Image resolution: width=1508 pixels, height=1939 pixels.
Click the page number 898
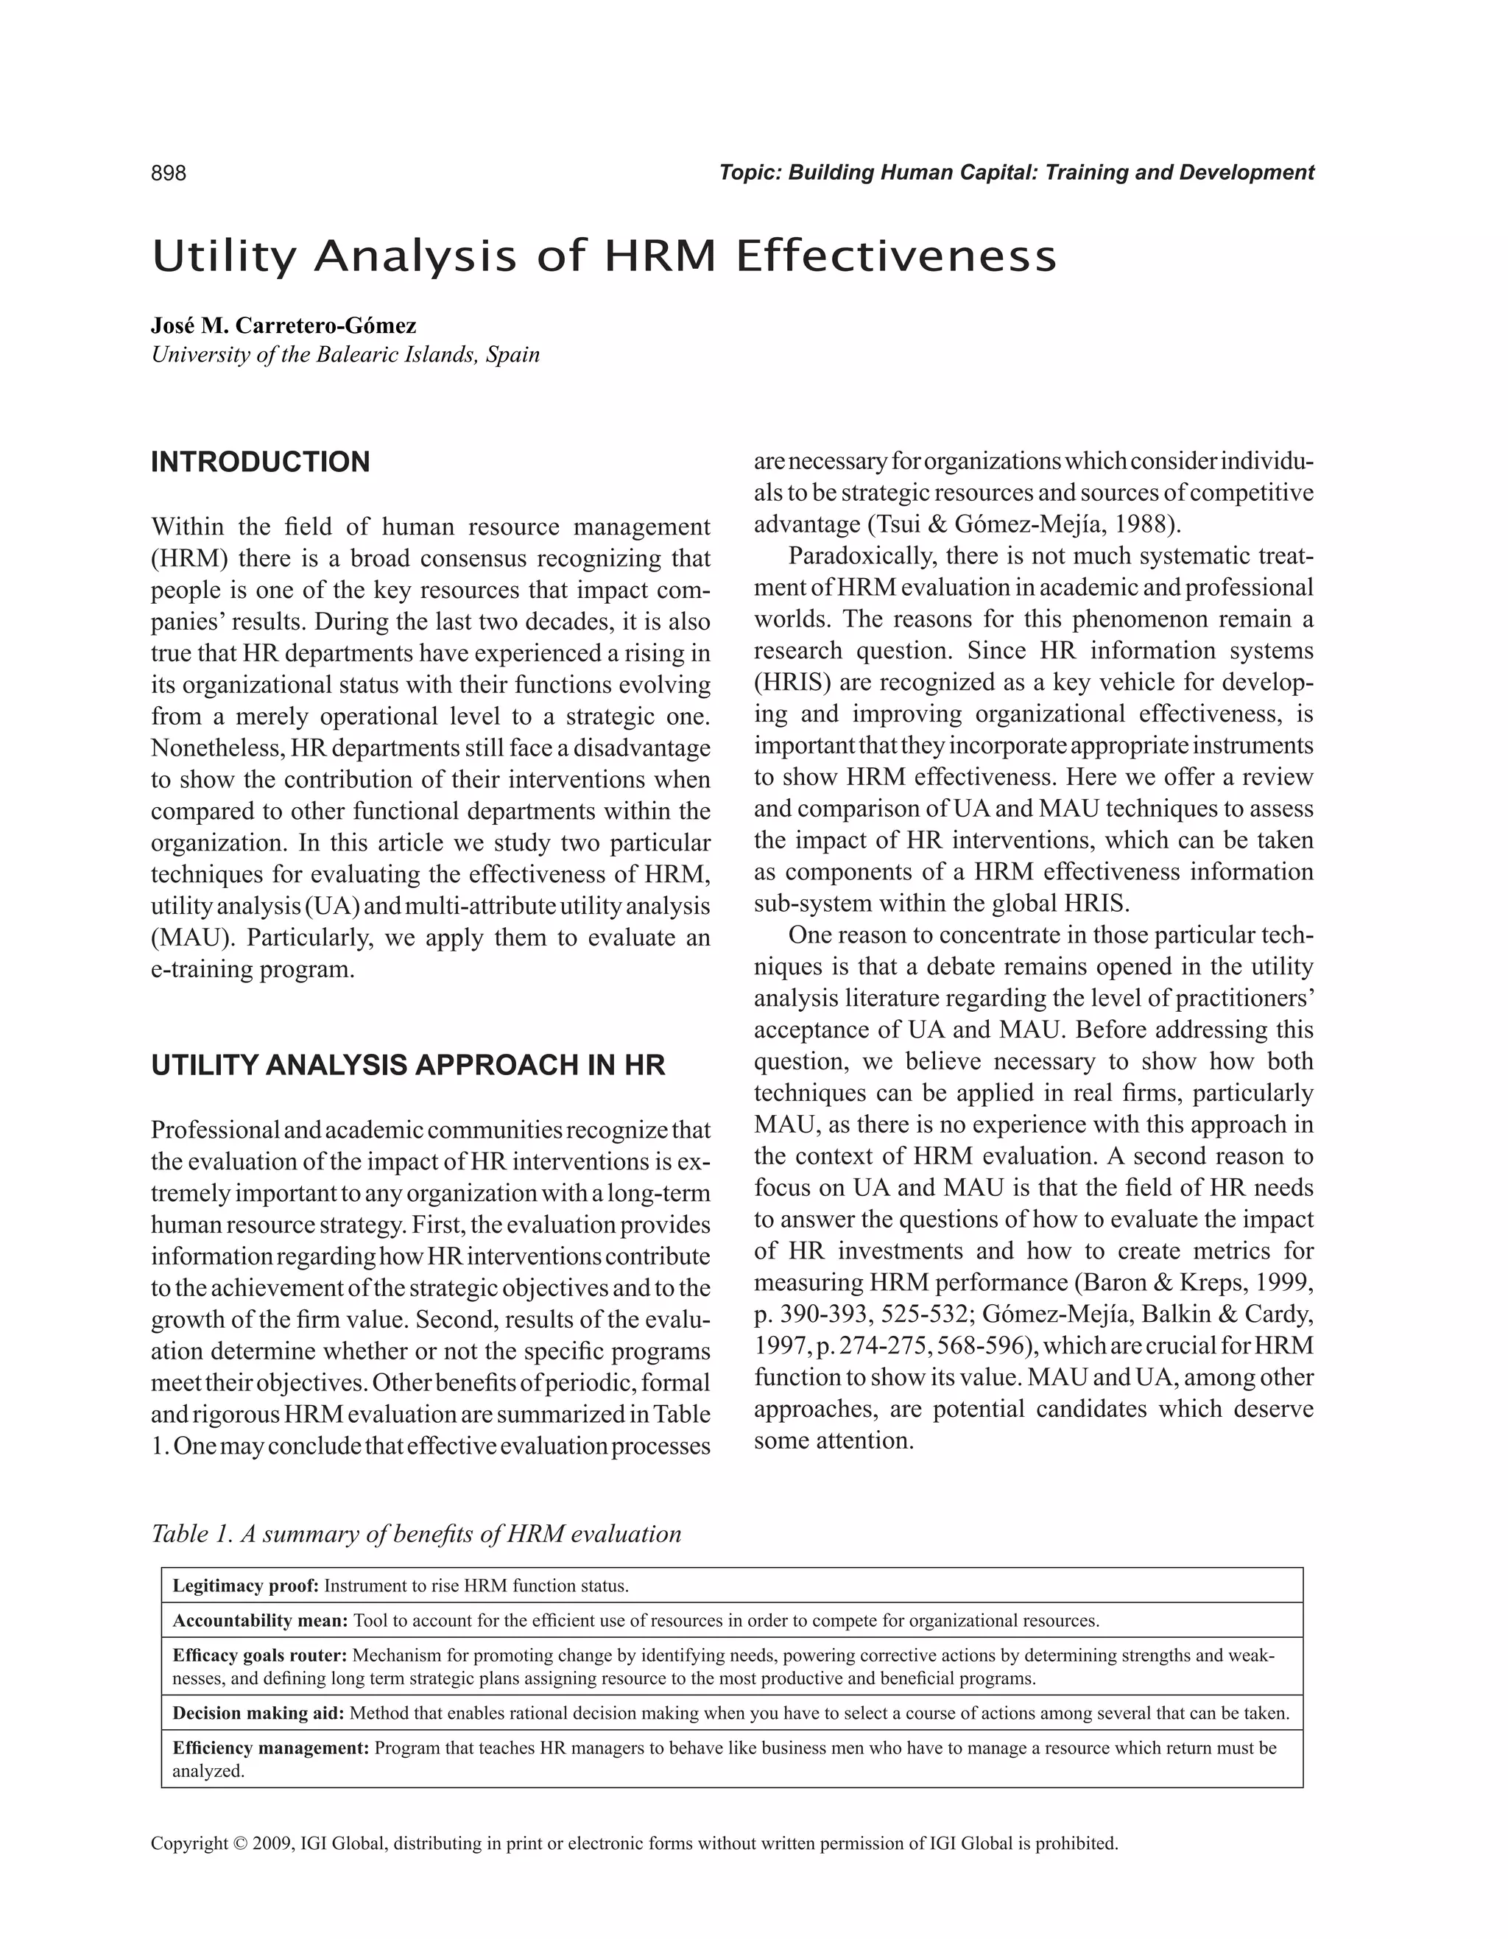click(169, 173)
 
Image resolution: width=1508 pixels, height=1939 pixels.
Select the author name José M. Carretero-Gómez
click(283, 325)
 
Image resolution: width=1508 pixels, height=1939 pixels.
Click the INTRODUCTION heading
click(260, 462)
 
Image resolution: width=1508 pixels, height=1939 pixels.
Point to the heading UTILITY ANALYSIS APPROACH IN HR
click(407, 1066)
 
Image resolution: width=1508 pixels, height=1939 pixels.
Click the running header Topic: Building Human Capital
click(1015, 173)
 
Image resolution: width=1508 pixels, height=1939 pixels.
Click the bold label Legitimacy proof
click(245, 1586)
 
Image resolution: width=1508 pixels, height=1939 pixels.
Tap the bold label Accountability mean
click(259, 1620)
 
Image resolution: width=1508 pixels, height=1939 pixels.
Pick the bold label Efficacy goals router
click(259, 1655)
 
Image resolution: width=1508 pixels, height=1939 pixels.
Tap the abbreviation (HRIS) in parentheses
click(786, 683)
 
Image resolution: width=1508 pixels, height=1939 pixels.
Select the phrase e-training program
click(252, 968)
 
